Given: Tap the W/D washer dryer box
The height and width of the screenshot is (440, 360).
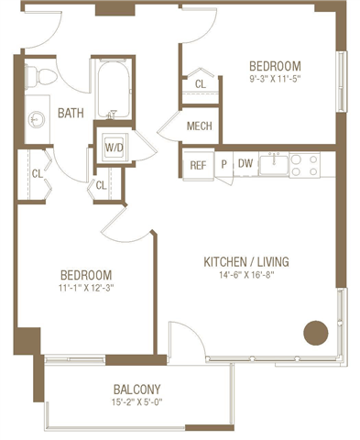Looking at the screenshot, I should coord(115,146).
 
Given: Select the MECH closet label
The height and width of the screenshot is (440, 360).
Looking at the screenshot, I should coord(200,126).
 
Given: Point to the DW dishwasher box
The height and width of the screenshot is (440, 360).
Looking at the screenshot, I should coord(245,164).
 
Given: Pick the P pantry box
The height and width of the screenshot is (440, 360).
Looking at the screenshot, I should coord(224,164).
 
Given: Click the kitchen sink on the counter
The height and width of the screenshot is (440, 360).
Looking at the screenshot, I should coord(274,164).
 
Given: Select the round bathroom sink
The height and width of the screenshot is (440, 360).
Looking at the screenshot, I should coord(37,118).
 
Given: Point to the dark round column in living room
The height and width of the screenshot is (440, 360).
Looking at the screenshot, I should coord(316,332).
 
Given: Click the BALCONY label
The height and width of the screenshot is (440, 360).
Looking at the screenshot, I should coord(137,388).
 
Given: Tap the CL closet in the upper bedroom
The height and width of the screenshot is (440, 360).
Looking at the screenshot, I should coord(200,83).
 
